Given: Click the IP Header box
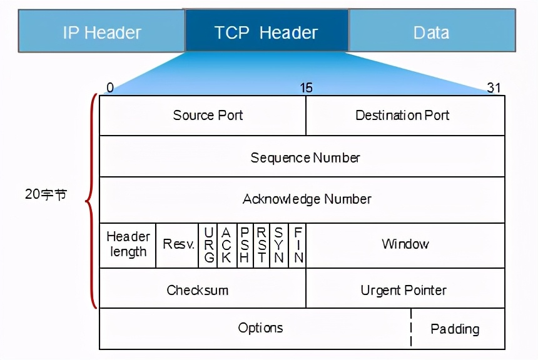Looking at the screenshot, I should pyautogui.click(x=101, y=32).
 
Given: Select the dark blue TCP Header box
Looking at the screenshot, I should pyautogui.click(x=266, y=32).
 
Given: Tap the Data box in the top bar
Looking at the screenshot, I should pyautogui.click(x=432, y=32).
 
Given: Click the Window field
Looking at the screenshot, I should pyautogui.click(x=405, y=244).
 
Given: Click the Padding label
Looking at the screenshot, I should pyautogui.click(x=455, y=329).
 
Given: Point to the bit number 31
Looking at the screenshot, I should pyautogui.click(x=494, y=88).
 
